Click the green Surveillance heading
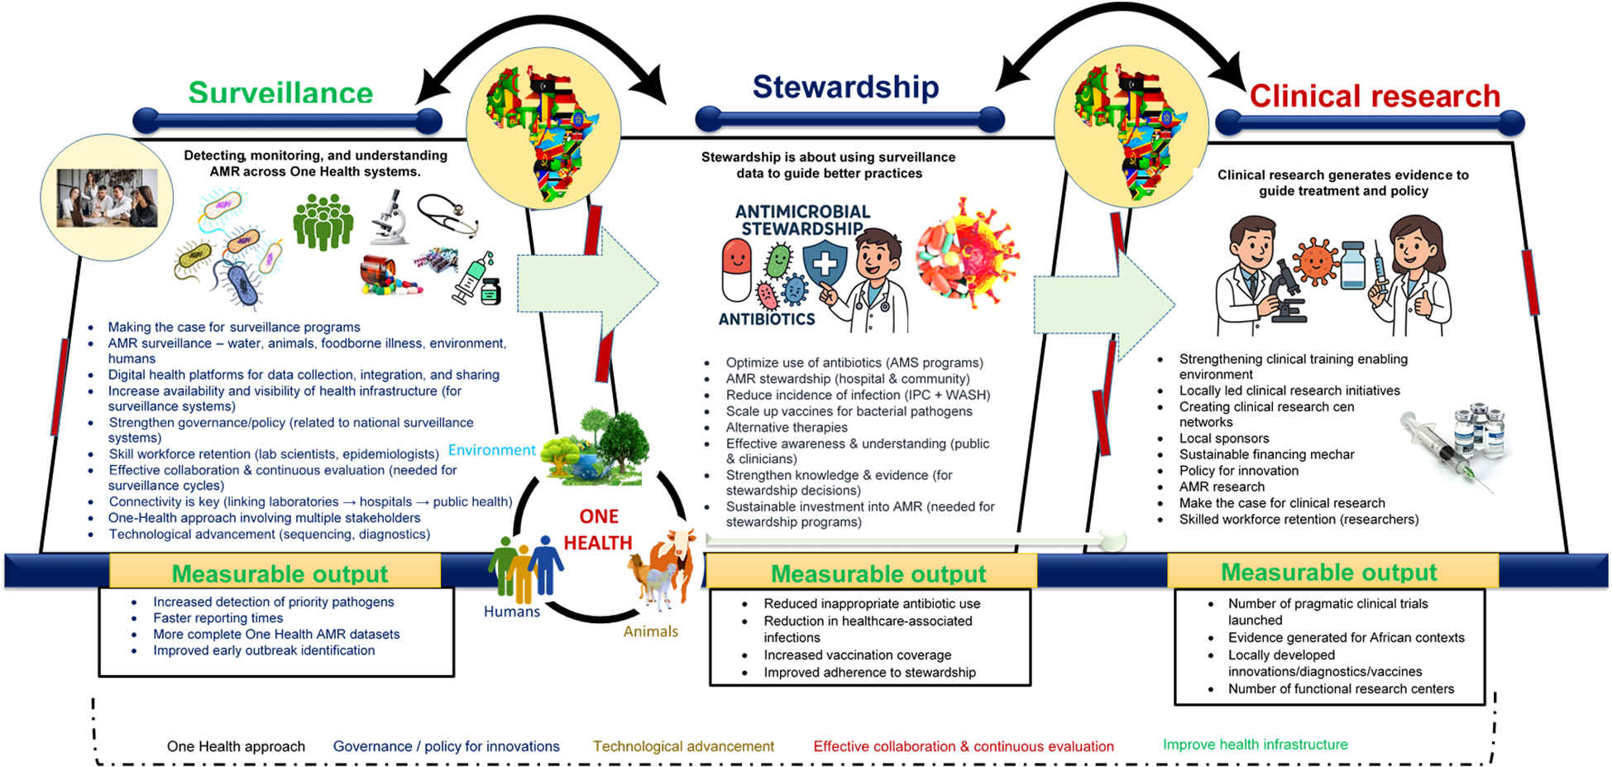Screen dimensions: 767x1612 (x=280, y=93)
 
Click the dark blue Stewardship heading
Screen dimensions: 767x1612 (x=845, y=87)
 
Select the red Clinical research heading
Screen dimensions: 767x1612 (x=1375, y=96)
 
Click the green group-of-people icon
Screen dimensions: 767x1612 (x=323, y=222)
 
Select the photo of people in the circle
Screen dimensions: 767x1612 (x=107, y=198)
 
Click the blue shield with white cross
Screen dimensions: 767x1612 (x=825, y=264)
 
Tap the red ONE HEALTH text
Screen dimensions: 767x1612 (x=598, y=530)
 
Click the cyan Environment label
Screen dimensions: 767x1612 (x=492, y=450)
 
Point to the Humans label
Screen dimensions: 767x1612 (x=512, y=611)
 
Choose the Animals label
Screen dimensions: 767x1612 (x=651, y=631)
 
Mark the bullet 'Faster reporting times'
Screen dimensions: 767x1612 (x=218, y=618)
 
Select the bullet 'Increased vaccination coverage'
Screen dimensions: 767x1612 (x=857, y=654)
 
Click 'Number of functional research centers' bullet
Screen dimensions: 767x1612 (x=1341, y=688)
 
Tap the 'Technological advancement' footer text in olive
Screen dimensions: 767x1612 (x=683, y=746)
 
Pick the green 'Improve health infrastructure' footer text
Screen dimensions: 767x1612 (x=1255, y=745)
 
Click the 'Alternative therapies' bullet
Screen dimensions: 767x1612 (x=786, y=427)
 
